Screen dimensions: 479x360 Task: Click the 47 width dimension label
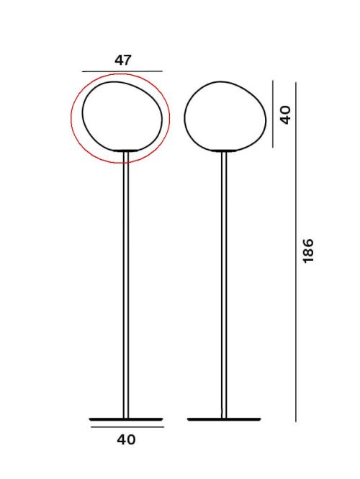point(122,61)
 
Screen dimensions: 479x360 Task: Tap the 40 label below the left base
point(126,439)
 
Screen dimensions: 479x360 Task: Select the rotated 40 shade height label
point(286,115)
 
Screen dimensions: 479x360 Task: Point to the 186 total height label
point(309,251)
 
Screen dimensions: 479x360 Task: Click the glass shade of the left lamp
point(119,115)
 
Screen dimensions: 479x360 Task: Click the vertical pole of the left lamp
point(125,288)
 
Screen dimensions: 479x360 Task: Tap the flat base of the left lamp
point(125,418)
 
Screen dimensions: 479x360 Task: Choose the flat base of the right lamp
point(224,418)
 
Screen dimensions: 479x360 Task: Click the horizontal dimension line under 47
point(122,72)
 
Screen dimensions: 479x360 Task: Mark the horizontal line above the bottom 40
point(127,427)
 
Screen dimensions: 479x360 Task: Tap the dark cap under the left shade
point(126,151)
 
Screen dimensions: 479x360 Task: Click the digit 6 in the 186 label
point(309,243)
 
